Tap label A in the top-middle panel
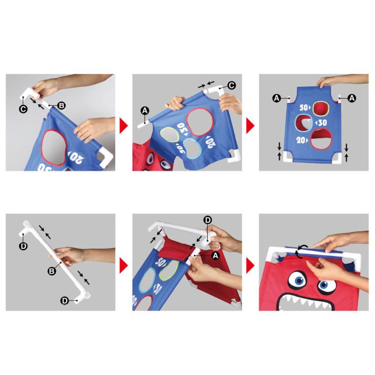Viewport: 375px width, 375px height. click(x=145, y=110)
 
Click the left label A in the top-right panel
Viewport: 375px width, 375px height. click(x=277, y=97)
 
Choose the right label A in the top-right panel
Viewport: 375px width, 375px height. click(x=351, y=97)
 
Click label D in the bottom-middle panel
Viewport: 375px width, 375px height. click(x=208, y=219)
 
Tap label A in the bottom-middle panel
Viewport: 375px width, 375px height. click(x=215, y=255)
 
